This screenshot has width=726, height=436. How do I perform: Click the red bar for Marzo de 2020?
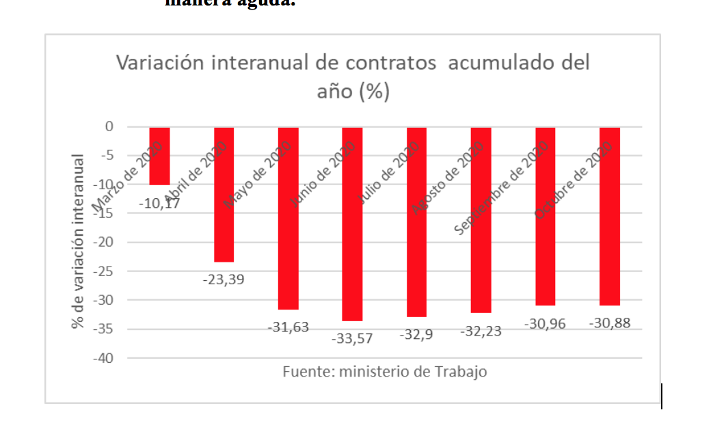pos(159,156)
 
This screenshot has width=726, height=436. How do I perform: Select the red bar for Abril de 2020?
pos(224,194)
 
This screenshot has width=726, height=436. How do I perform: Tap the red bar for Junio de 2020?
pos(352,224)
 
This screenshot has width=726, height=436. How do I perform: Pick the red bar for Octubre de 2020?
pos(609,216)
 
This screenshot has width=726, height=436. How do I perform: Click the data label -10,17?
pos(159,203)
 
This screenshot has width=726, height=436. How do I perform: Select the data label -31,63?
pos(288,327)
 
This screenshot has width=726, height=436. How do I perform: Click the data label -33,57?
pos(352,338)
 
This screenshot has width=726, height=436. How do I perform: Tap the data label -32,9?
pos(416,335)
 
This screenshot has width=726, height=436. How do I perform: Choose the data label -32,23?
pos(481,331)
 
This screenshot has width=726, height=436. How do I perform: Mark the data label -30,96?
pos(545,324)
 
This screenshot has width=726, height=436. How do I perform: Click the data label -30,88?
pos(609,324)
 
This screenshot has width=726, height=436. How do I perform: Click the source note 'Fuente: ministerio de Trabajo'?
pos(385,372)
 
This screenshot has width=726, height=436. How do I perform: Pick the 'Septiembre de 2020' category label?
pos(502,188)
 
